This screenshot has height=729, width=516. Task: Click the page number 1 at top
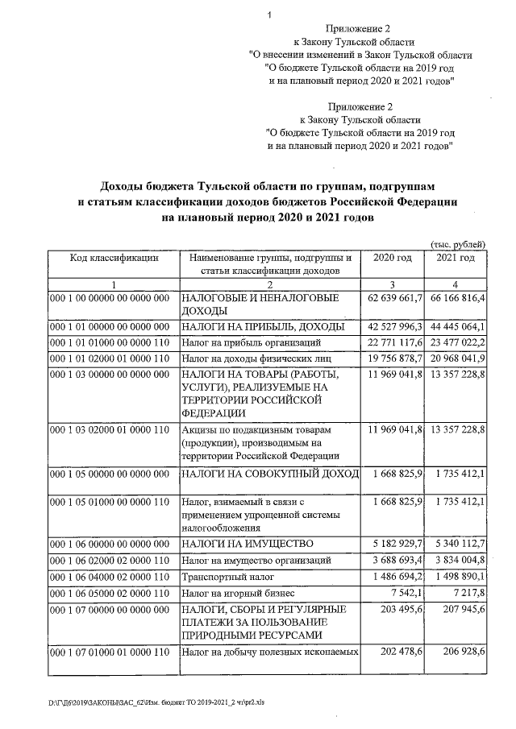point(271,14)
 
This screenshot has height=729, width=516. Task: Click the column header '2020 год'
point(393,258)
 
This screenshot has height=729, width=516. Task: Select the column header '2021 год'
point(456,258)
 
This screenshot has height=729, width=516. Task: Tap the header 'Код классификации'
point(114,258)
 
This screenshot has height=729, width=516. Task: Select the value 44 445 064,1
point(456,326)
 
